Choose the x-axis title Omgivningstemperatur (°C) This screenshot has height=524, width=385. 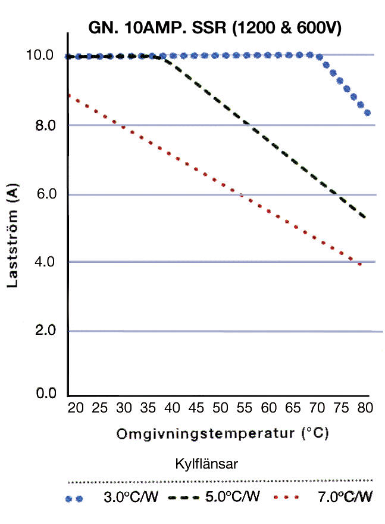tap(223, 433)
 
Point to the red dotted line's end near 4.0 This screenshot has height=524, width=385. tap(359, 263)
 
